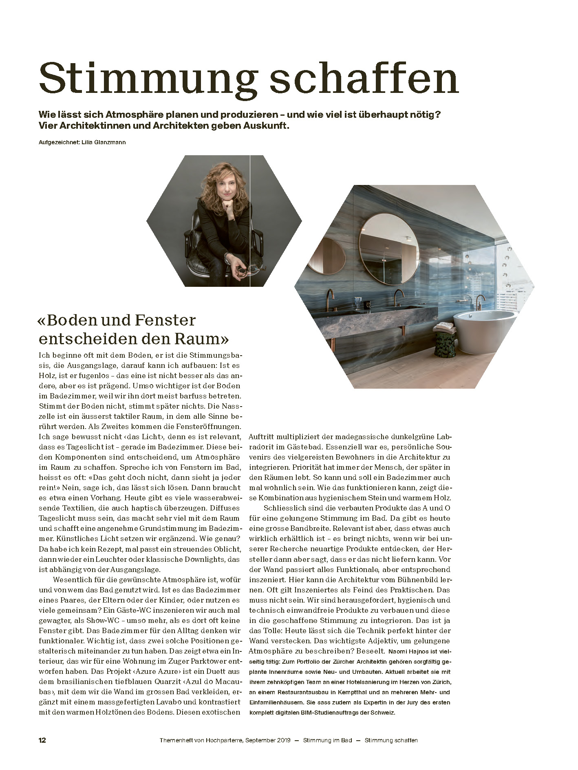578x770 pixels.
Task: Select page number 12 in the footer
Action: click(x=42, y=740)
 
